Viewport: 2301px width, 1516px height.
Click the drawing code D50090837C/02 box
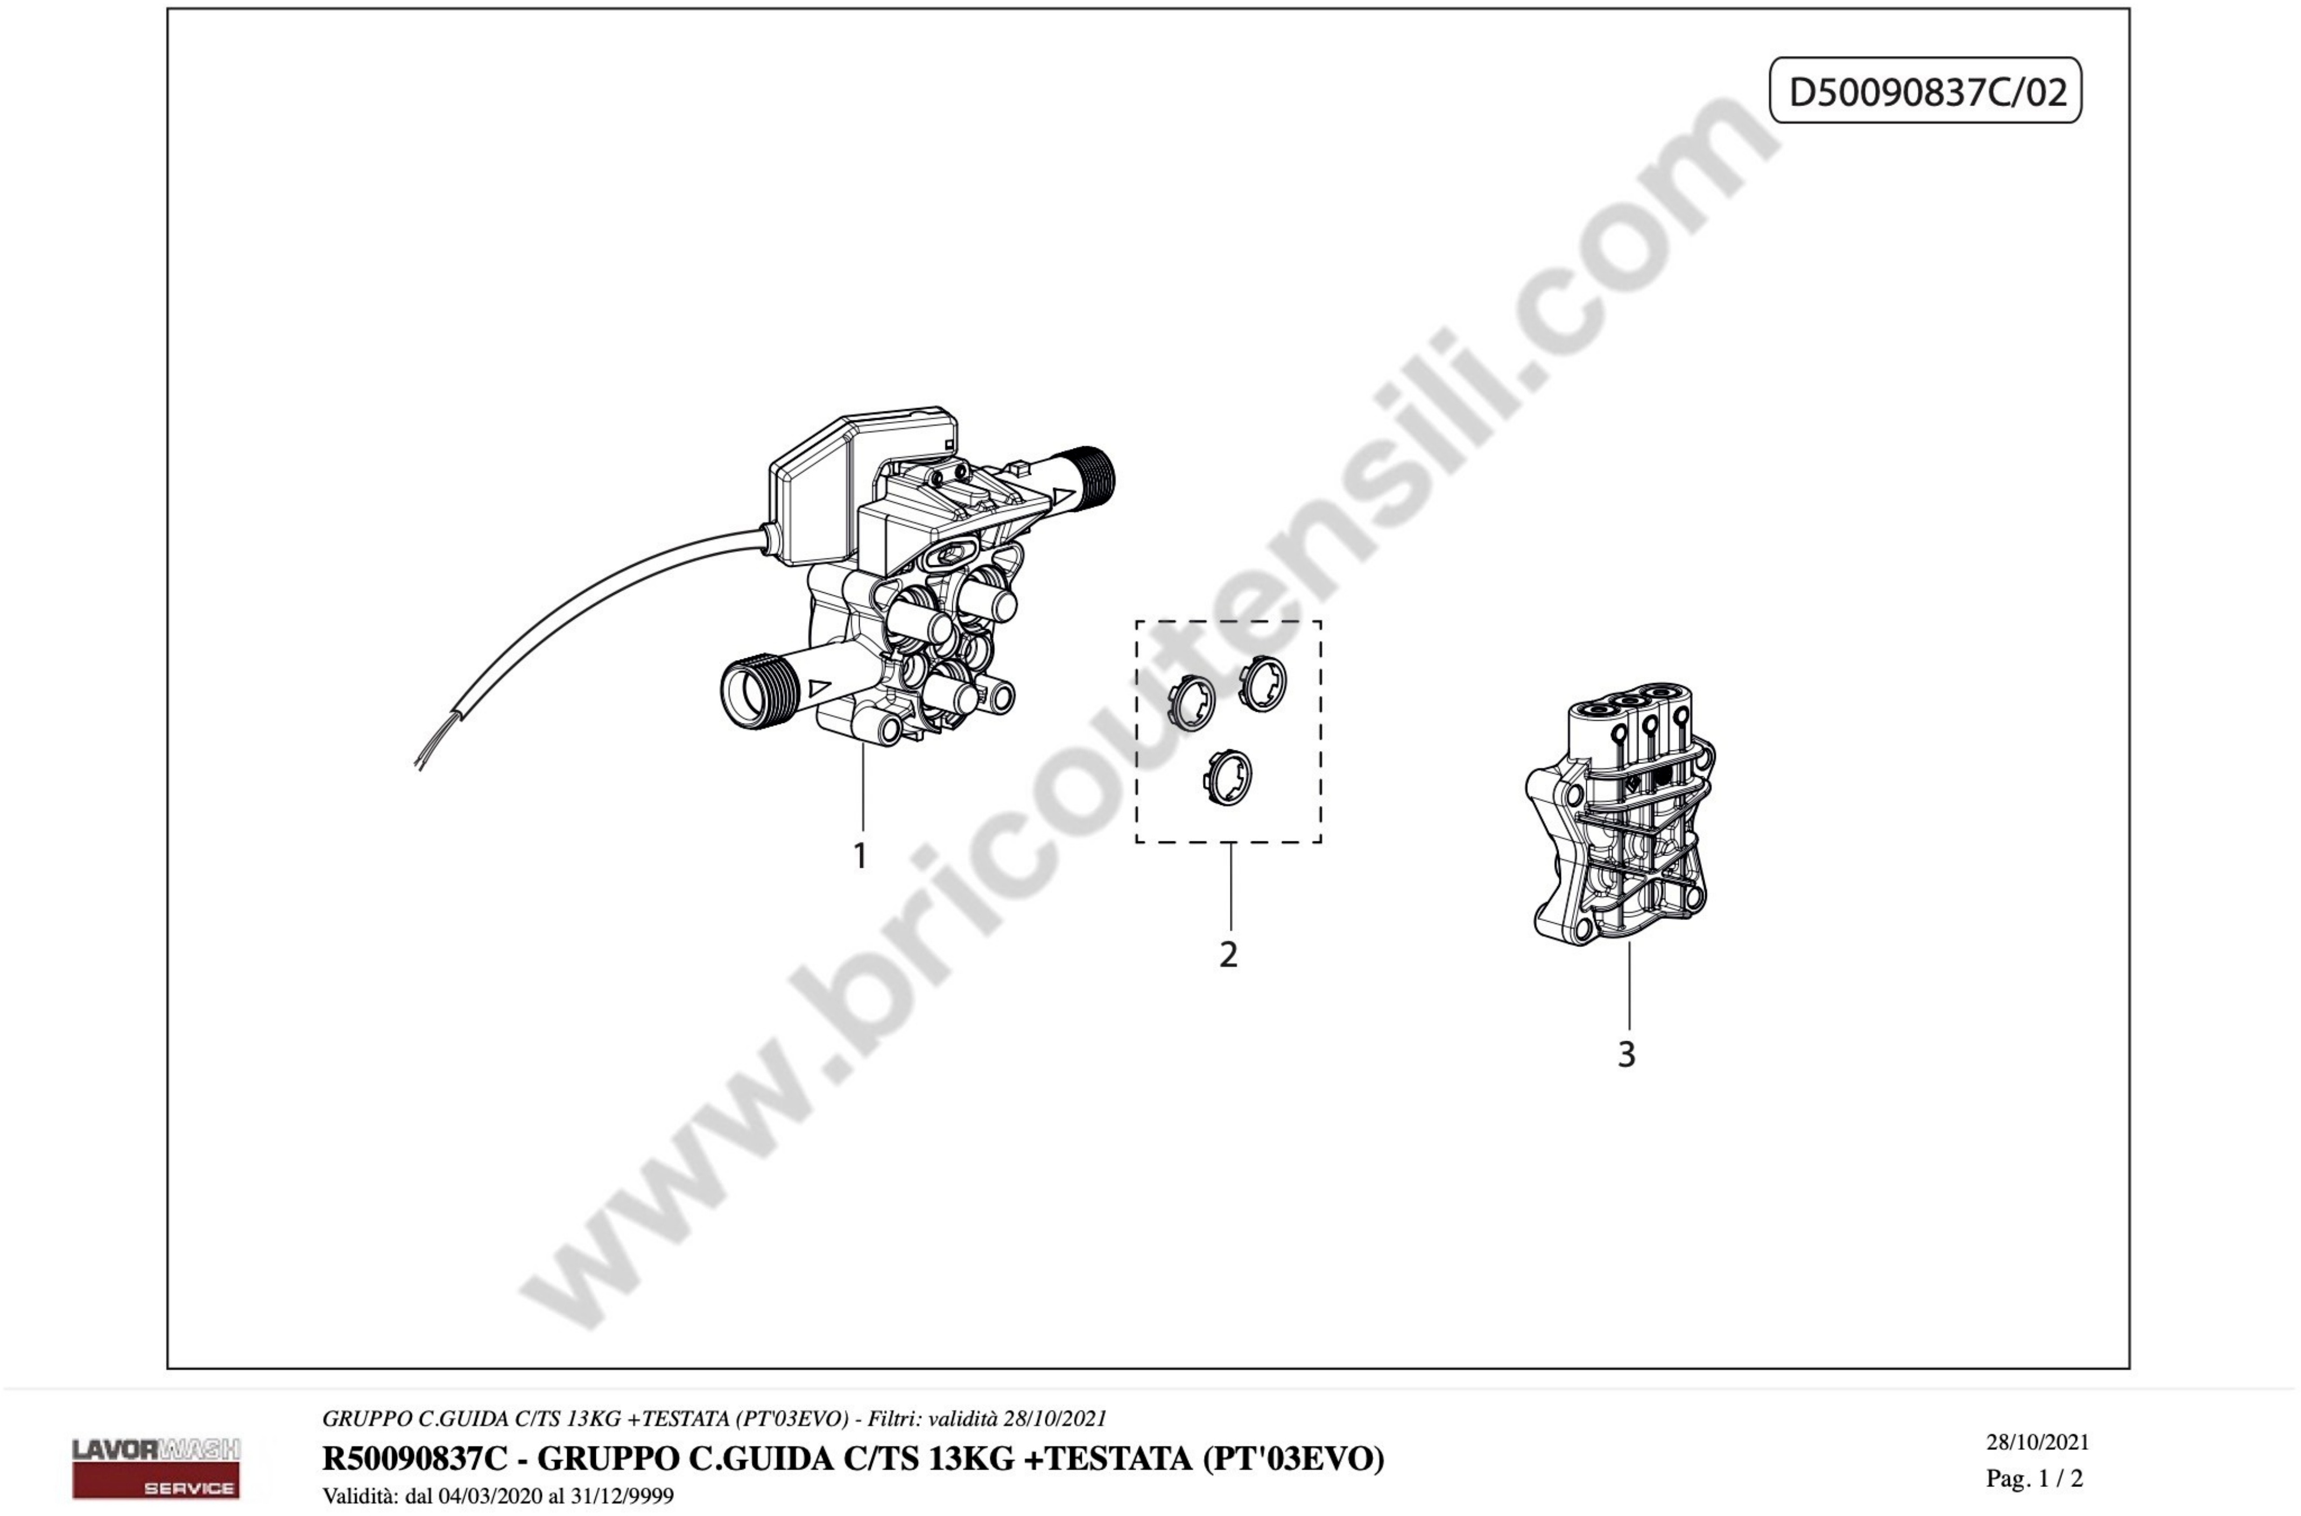tap(1925, 91)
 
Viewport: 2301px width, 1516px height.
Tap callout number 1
tap(860, 855)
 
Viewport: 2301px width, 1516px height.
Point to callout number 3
tap(1627, 1054)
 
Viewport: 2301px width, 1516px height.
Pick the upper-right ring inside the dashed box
tap(1263, 683)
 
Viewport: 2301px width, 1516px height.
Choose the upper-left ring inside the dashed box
tap(1193, 703)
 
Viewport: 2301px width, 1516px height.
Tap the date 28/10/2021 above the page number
tap(2037, 1442)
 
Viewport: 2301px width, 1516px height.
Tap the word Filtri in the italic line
tap(893, 1419)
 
